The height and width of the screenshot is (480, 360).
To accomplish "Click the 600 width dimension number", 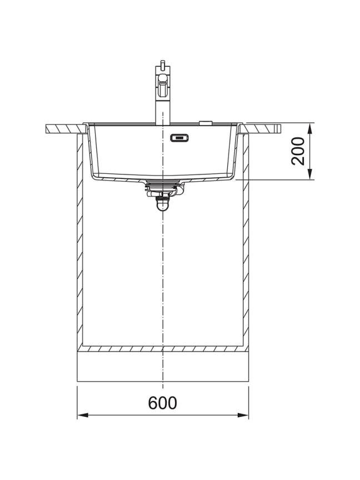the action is coord(163,403).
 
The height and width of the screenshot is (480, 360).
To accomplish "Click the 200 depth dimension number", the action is coord(298,151).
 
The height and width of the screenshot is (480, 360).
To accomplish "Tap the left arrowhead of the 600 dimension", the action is coord(83,416).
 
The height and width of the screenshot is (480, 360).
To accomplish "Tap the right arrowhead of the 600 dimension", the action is coord(243,416).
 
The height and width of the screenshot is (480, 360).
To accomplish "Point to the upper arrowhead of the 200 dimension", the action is coord(310,129).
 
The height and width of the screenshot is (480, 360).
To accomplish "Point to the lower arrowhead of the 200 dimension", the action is coord(310,174).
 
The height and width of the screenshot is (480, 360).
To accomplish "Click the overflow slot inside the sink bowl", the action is coord(179,138).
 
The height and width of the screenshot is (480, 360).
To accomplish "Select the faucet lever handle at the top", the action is coord(162,86).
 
